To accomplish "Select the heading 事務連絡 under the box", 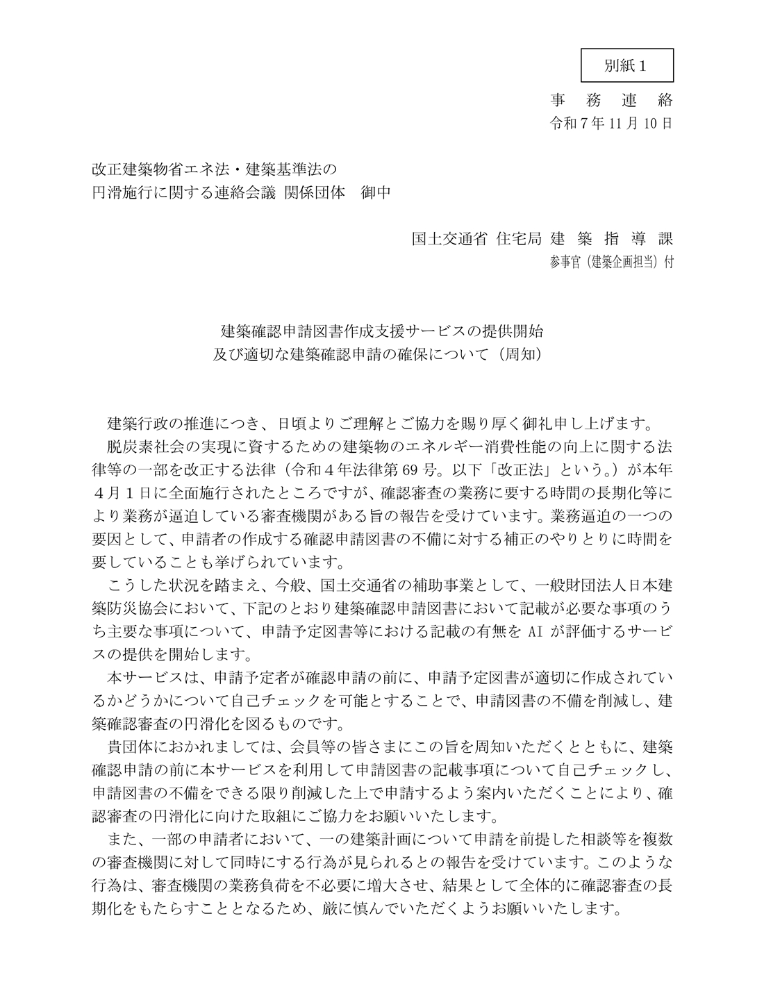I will point(611,101).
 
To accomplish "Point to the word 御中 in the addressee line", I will point(376,192).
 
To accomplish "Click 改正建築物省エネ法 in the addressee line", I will point(160,169).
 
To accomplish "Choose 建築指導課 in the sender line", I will point(611,239).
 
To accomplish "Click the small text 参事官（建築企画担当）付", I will point(611,262).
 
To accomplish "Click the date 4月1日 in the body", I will point(122,491).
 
